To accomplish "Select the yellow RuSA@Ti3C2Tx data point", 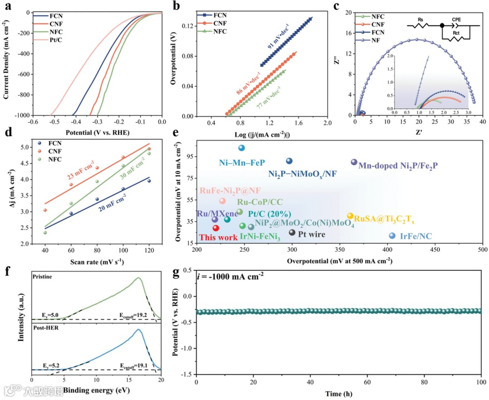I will coord(350,216).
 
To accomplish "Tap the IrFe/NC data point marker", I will coord(392,236).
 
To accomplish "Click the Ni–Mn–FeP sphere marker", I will coord(241,148).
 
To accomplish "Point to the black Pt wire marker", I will coord(292,233).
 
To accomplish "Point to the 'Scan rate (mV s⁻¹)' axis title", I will coord(97,262).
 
